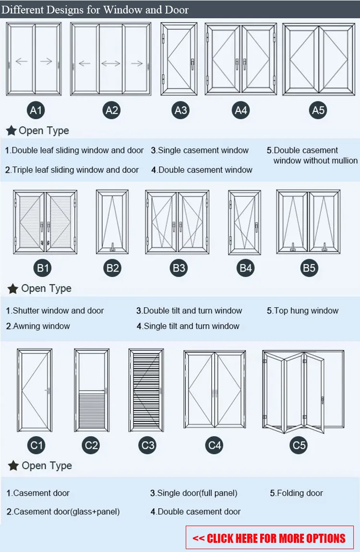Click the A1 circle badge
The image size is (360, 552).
click(36, 110)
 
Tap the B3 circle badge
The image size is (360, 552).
click(179, 268)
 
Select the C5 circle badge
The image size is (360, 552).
click(299, 445)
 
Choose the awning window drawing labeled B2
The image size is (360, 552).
click(112, 221)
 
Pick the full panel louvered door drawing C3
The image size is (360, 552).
click(146, 390)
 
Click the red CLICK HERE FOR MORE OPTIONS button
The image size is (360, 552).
click(269, 538)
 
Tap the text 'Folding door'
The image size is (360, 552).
click(300, 493)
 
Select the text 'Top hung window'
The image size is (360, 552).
click(306, 311)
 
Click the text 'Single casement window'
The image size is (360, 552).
click(203, 150)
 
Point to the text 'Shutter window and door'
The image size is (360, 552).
click(58, 311)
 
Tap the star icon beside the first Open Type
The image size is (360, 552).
click(11, 131)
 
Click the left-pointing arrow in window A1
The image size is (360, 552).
click(22, 61)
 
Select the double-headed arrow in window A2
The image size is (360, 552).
click(111, 63)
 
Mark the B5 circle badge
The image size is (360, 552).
click(309, 268)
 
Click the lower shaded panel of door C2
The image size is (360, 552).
click(92, 409)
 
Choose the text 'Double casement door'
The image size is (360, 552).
click(199, 512)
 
